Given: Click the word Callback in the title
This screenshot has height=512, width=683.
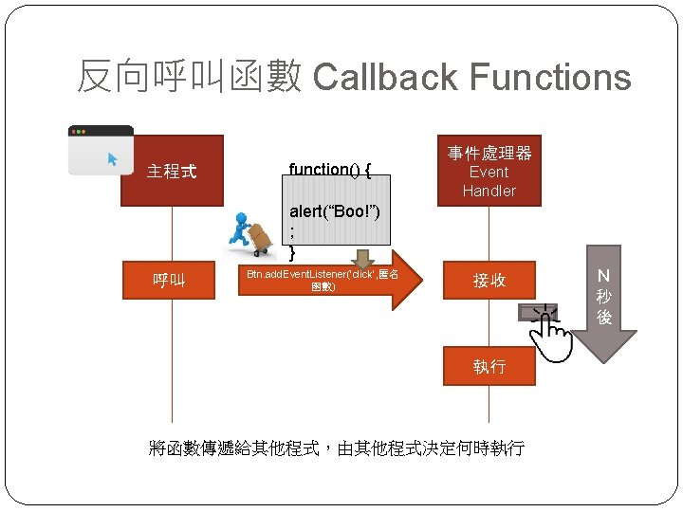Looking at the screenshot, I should (384, 78).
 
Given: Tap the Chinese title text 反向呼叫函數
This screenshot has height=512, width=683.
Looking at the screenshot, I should (189, 78).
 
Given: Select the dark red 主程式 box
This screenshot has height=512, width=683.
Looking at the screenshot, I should (172, 171).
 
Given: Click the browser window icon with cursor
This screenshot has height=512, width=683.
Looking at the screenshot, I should (99, 151).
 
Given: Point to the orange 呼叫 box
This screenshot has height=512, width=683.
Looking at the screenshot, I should (172, 281).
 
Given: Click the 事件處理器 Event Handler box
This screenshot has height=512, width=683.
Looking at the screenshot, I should (489, 171).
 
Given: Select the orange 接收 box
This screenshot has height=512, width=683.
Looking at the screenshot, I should (489, 281).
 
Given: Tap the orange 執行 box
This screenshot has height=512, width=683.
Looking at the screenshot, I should (489, 366).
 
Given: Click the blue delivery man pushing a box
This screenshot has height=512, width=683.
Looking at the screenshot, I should (250, 233).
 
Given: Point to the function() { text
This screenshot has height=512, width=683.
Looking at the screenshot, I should (329, 170).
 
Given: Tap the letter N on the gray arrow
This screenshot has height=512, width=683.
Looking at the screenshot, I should (603, 276).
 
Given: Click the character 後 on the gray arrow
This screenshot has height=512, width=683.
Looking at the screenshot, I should (603, 318).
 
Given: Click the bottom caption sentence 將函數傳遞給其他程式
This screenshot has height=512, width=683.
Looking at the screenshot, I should (337, 448).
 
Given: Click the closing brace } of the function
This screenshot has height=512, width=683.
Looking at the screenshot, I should (292, 252).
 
